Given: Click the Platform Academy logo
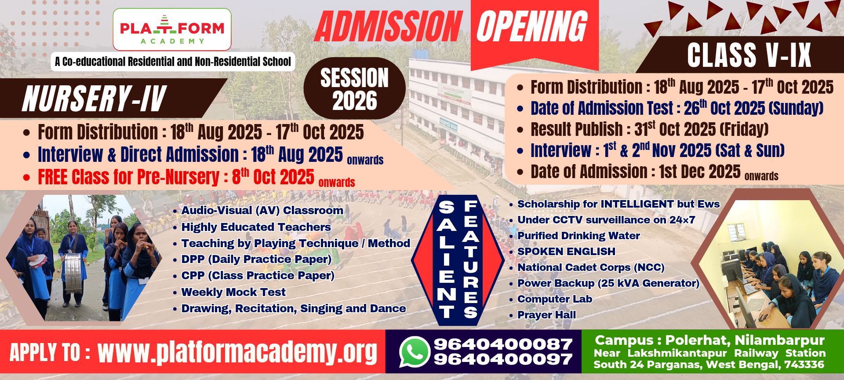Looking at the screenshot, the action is [x=172, y=29].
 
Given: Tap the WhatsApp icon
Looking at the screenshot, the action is [x=414, y=351].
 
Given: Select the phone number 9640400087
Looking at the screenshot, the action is [x=503, y=344].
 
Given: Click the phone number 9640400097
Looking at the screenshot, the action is [x=503, y=359].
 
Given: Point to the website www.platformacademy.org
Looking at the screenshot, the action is [x=237, y=352].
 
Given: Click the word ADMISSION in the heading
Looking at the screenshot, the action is [x=388, y=26].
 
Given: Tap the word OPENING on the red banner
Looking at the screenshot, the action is [x=532, y=26].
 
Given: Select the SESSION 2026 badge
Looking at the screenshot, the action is [x=354, y=88].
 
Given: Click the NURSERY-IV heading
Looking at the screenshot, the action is [x=94, y=99].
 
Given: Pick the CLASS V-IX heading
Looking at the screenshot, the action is [x=749, y=55].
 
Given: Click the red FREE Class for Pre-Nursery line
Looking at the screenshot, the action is [x=189, y=177].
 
